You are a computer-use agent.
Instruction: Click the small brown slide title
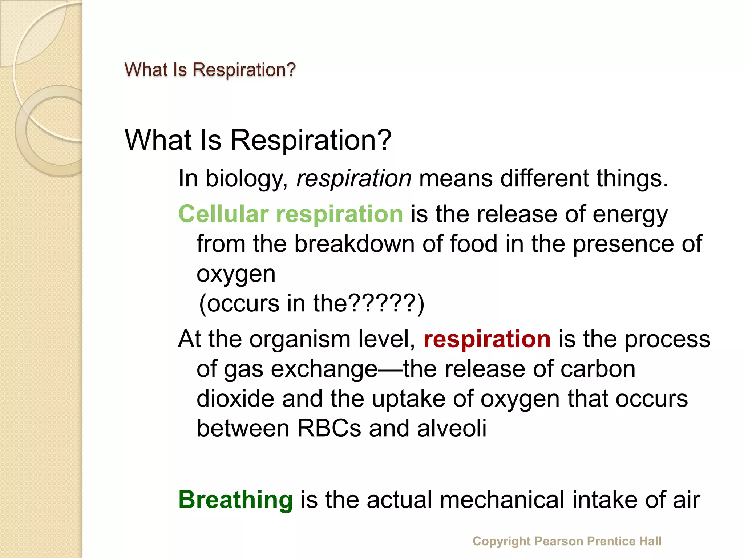(x=210, y=69)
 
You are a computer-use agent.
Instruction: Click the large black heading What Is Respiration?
(x=258, y=140)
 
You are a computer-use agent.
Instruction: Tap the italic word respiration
(x=354, y=179)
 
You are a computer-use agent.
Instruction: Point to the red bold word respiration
(x=487, y=339)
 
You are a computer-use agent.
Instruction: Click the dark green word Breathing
(x=235, y=500)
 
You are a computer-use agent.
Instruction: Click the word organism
(x=300, y=340)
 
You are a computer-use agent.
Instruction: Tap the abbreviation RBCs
(x=329, y=428)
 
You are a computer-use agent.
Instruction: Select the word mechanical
(x=502, y=500)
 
